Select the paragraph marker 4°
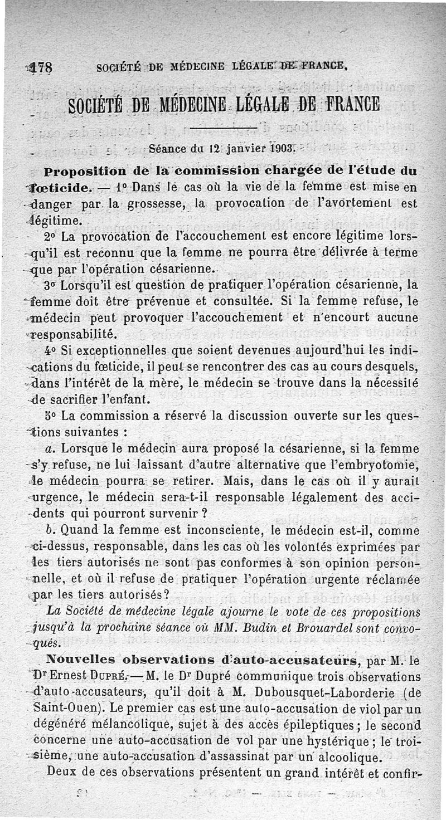[51, 352]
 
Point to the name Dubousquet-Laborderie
[332, 692]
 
